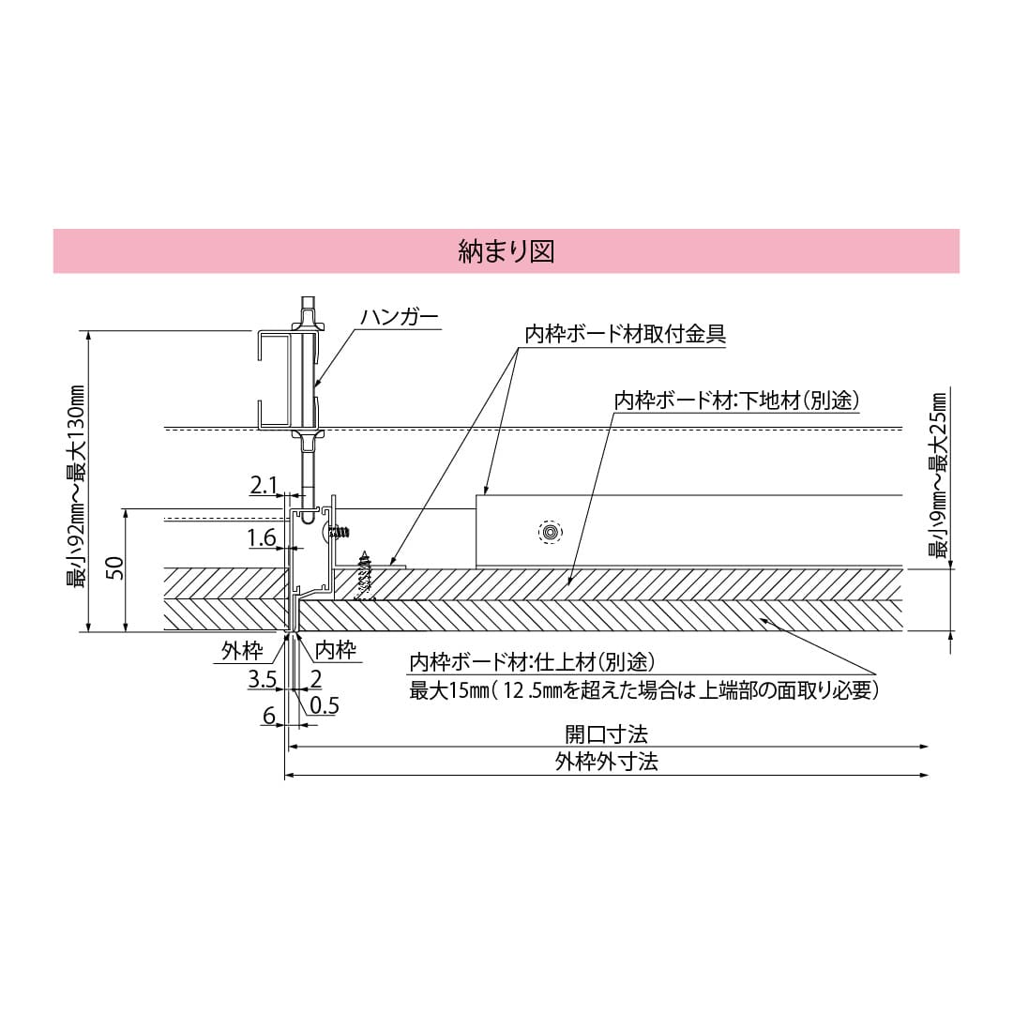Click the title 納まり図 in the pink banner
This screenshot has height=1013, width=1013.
click(x=506, y=251)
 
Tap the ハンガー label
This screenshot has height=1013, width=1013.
click(x=400, y=318)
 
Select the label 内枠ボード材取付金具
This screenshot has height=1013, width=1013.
click(x=626, y=334)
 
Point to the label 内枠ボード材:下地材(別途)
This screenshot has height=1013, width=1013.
click(x=736, y=400)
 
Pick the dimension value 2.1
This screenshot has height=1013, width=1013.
click(x=264, y=485)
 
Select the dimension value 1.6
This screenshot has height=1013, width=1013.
click(x=263, y=537)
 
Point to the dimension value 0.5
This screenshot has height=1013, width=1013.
click(x=324, y=705)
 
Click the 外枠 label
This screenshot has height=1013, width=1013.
click(x=241, y=651)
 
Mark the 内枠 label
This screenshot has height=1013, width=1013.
click(x=335, y=649)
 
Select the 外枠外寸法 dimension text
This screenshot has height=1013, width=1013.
click(x=606, y=762)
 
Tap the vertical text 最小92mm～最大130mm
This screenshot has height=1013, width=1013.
click(x=75, y=486)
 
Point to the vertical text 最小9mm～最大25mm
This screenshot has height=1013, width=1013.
click(x=937, y=475)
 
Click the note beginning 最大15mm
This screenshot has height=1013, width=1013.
click(x=643, y=691)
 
